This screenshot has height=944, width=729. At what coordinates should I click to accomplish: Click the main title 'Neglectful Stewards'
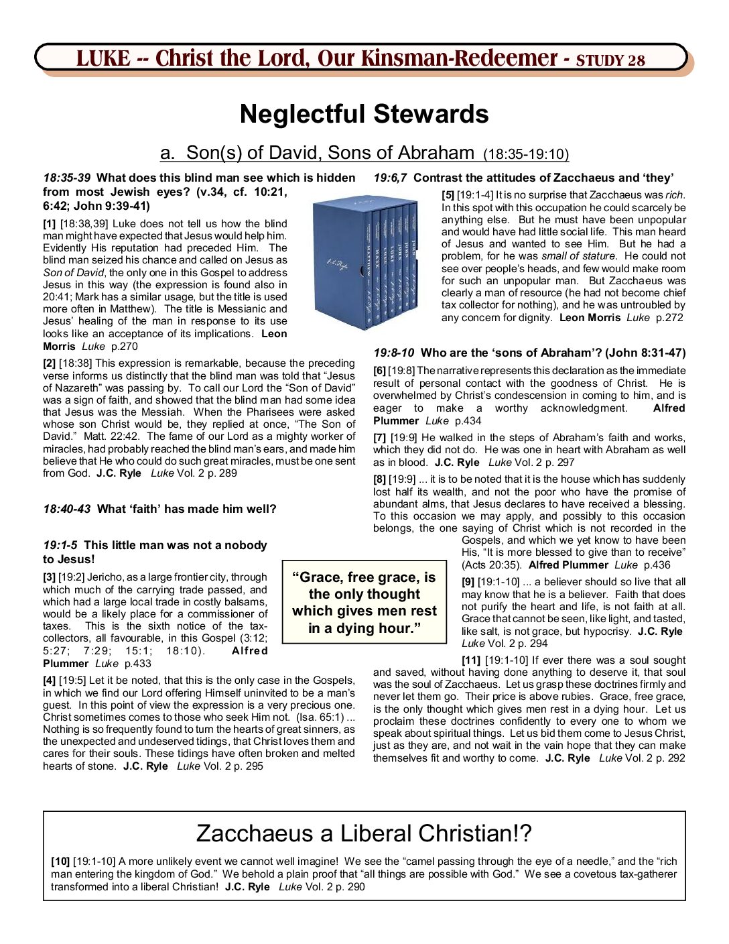pos(364,114)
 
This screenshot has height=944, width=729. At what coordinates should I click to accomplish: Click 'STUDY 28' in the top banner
pos(610,60)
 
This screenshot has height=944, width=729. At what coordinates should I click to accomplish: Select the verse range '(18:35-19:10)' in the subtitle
pos(526,155)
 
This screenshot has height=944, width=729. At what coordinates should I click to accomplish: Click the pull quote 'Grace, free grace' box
pos(364,602)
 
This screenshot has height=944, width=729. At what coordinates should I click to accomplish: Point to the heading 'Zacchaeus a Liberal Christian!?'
pos(364,833)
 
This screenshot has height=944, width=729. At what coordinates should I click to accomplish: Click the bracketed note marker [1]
pos(50,224)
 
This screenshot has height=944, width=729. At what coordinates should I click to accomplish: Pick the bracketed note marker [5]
pos(448,195)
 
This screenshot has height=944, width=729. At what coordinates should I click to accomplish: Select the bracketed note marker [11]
pos(471,660)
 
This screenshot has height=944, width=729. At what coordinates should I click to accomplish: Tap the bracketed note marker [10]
pos(60,862)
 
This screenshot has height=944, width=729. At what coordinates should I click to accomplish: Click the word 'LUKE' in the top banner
pos(103,59)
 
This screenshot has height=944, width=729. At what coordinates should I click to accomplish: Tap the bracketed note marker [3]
pos(50,577)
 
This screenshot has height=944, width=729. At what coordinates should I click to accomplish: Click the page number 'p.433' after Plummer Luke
pos(137,664)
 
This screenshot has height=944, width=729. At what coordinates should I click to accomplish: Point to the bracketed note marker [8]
pos(380,479)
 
